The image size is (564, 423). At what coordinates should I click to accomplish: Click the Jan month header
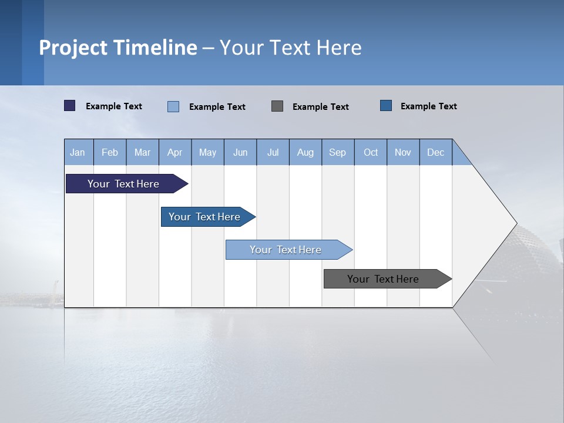pos(78,152)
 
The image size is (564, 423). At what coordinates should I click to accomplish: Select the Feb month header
pos(110,152)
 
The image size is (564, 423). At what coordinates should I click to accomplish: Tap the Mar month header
pos(142,152)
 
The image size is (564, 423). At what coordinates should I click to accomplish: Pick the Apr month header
pos(175,152)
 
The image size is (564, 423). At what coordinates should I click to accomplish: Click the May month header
pos(207,152)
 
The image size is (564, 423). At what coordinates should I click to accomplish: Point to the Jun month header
pos(240,152)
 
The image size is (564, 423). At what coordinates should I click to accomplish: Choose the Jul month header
pos(273,152)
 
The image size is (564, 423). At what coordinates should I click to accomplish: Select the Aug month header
pos(305,152)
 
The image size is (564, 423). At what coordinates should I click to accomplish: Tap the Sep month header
pos(338,152)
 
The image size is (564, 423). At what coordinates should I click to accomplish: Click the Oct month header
pos(371,152)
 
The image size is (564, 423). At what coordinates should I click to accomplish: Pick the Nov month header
pos(403,152)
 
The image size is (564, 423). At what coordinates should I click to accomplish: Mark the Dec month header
pos(436,152)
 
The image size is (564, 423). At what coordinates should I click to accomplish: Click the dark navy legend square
pos(70,106)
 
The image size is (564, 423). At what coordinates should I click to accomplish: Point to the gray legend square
pos(277,106)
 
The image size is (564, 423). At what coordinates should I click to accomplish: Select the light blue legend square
pos(173,106)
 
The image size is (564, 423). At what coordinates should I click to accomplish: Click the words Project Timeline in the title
pos(118,48)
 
